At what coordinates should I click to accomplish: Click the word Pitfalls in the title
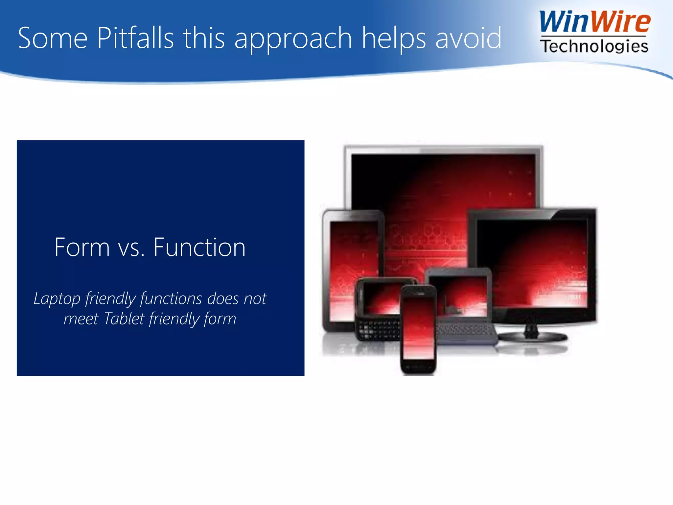tap(135, 38)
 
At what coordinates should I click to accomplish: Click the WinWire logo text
tap(594, 22)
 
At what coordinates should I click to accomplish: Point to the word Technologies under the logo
tap(594, 46)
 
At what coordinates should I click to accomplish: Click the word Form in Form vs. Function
tap(82, 247)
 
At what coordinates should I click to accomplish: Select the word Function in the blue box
tap(199, 247)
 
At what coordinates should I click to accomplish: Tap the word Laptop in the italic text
tap(57, 299)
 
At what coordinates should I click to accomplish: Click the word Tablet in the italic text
tap(124, 319)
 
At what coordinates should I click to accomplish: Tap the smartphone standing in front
tap(418, 329)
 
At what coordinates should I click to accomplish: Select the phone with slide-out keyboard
tap(378, 309)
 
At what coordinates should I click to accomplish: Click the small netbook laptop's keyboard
tap(465, 330)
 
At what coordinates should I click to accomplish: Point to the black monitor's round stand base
tap(532, 337)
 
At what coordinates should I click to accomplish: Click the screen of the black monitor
tap(532, 263)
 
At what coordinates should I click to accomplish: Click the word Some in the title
tap(53, 38)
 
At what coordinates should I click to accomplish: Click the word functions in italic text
tap(171, 299)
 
